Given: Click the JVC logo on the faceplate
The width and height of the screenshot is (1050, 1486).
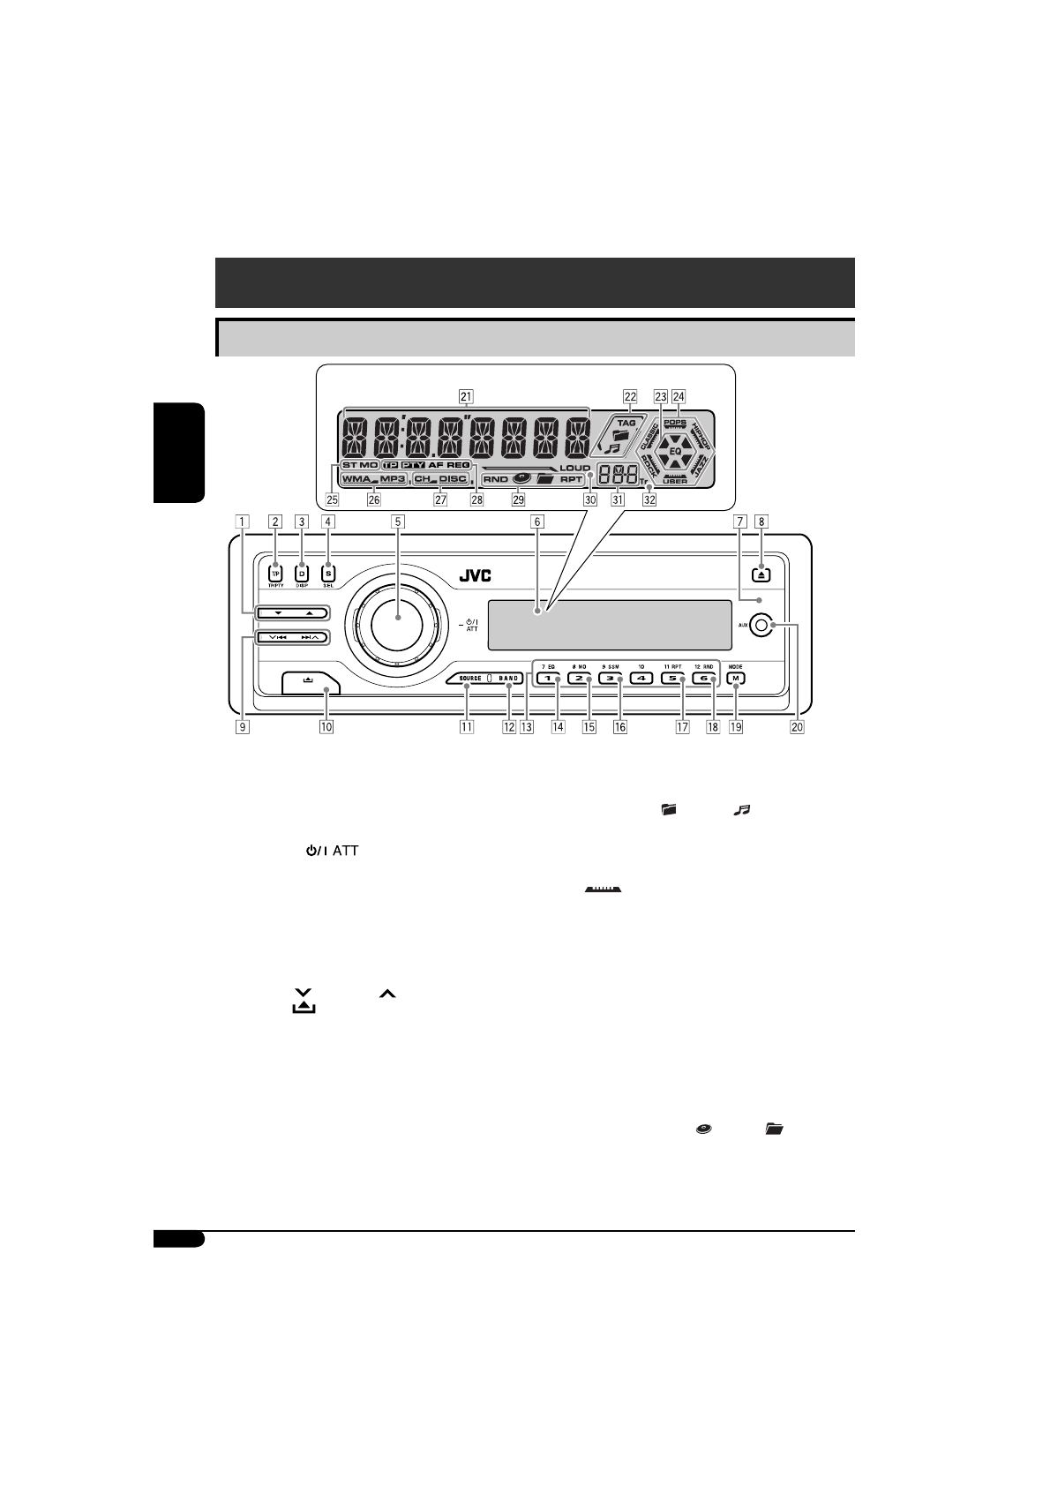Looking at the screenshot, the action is (x=475, y=576).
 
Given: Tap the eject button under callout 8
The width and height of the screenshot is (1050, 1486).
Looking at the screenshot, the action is (x=762, y=574).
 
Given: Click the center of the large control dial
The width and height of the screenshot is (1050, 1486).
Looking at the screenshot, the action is (x=398, y=620).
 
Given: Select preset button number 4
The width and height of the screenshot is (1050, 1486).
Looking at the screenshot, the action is (x=641, y=679).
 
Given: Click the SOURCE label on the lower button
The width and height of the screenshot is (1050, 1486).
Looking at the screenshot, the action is (x=470, y=679).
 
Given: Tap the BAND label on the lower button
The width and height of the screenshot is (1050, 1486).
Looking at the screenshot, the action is (x=509, y=679).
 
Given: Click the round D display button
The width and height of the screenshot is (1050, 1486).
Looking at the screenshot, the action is (x=302, y=573).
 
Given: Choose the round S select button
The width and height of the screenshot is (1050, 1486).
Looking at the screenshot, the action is (x=328, y=573).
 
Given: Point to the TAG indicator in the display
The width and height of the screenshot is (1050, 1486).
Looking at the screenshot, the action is (x=626, y=424).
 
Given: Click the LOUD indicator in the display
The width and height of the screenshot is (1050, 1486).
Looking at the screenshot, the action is (x=574, y=468).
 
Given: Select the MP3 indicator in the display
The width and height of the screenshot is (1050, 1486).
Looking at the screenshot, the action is (x=393, y=480).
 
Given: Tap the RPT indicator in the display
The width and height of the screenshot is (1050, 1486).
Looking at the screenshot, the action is (x=572, y=480).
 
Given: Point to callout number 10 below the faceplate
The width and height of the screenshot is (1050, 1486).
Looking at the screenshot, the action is (x=326, y=728).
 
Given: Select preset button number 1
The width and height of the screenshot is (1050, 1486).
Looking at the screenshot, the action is (x=547, y=679).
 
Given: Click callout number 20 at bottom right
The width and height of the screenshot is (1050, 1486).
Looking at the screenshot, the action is (x=798, y=728).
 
